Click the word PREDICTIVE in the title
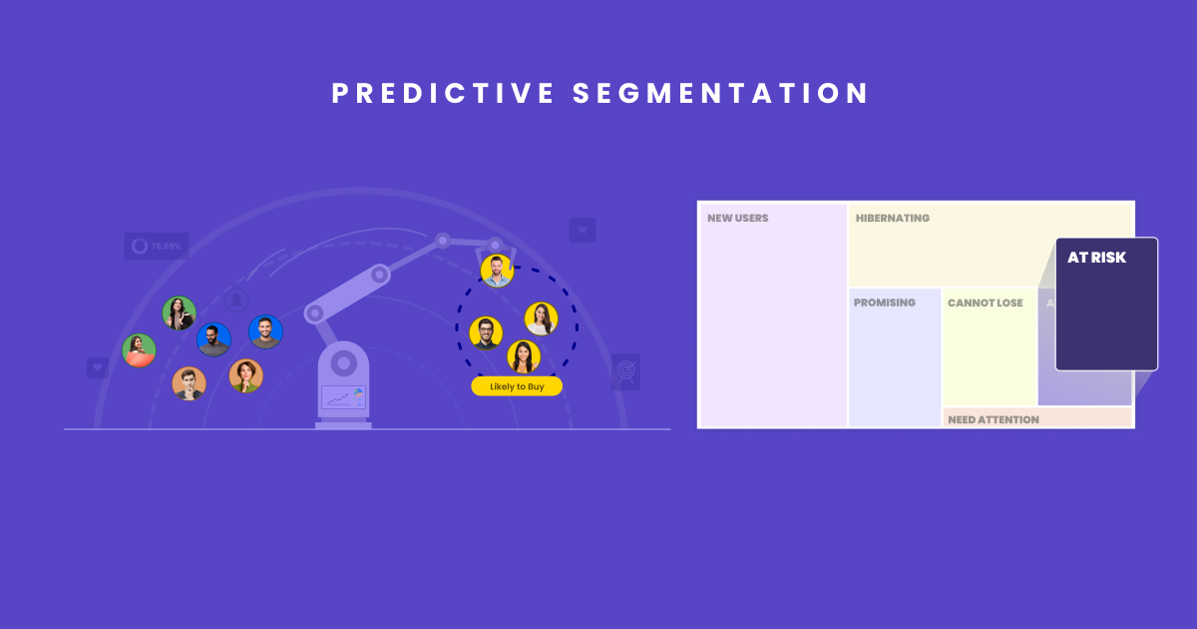pyautogui.click(x=443, y=94)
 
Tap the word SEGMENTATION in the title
pyautogui.click(x=721, y=94)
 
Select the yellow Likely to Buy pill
pyautogui.click(x=517, y=386)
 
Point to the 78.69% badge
pyautogui.click(x=157, y=246)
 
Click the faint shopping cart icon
pyautogui.click(x=582, y=231)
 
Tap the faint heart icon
pyautogui.click(x=98, y=367)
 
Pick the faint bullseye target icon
pyautogui.click(x=625, y=371)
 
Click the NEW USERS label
pyautogui.click(x=738, y=218)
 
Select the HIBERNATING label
pyautogui.click(x=892, y=218)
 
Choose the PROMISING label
pyautogui.click(x=884, y=303)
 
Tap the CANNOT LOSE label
pyautogui.click(x=985, y=303)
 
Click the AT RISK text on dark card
pyautogui.click(x=1096, y=258)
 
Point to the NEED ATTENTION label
pyautogui.click(x=993, y=419)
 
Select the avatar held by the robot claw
pyautogui.click(x=496, y=270)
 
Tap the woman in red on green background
pyautogui.click(x=140, y=350)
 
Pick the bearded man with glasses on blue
pyautogui.click(x=213, y=339)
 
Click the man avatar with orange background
pyautogui.click(x=189, y=383)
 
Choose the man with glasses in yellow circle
pyautogui.click(x=486, y=333)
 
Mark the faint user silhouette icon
pyautogui.click(x=236, y=299)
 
